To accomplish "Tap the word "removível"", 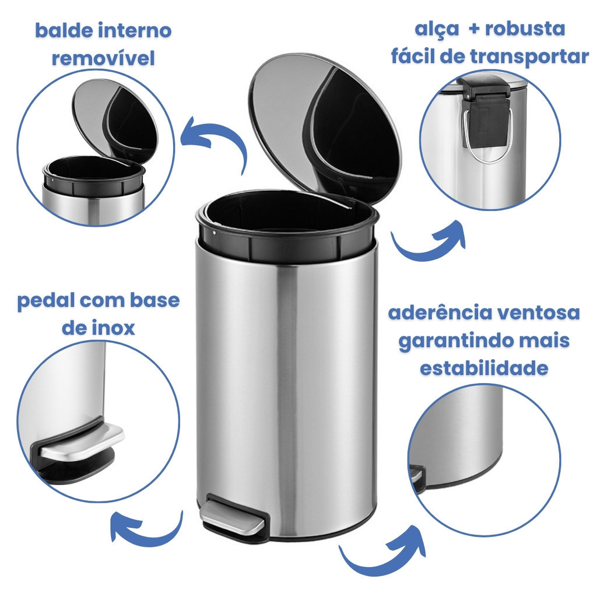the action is pyautogui.click(x=104, y=58).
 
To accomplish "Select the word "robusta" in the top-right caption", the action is pyautogui.click(x=525, y=29).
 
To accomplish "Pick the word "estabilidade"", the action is pyautogui.click(x=484, y=368).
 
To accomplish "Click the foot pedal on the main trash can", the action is pyautogui.click(x=233, y=516).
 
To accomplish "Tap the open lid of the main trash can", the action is pyautogui.click(x=325, y=128).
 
